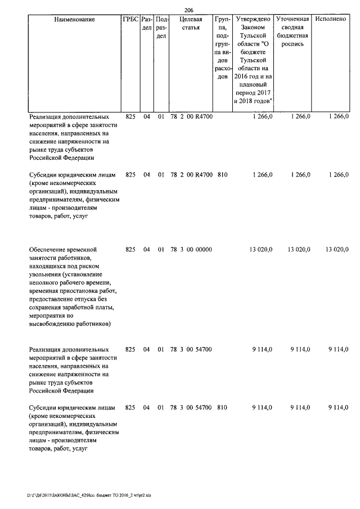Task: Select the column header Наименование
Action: point(75,19)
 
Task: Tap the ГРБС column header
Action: point(130,19)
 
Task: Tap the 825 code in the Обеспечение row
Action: point(130,249)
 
